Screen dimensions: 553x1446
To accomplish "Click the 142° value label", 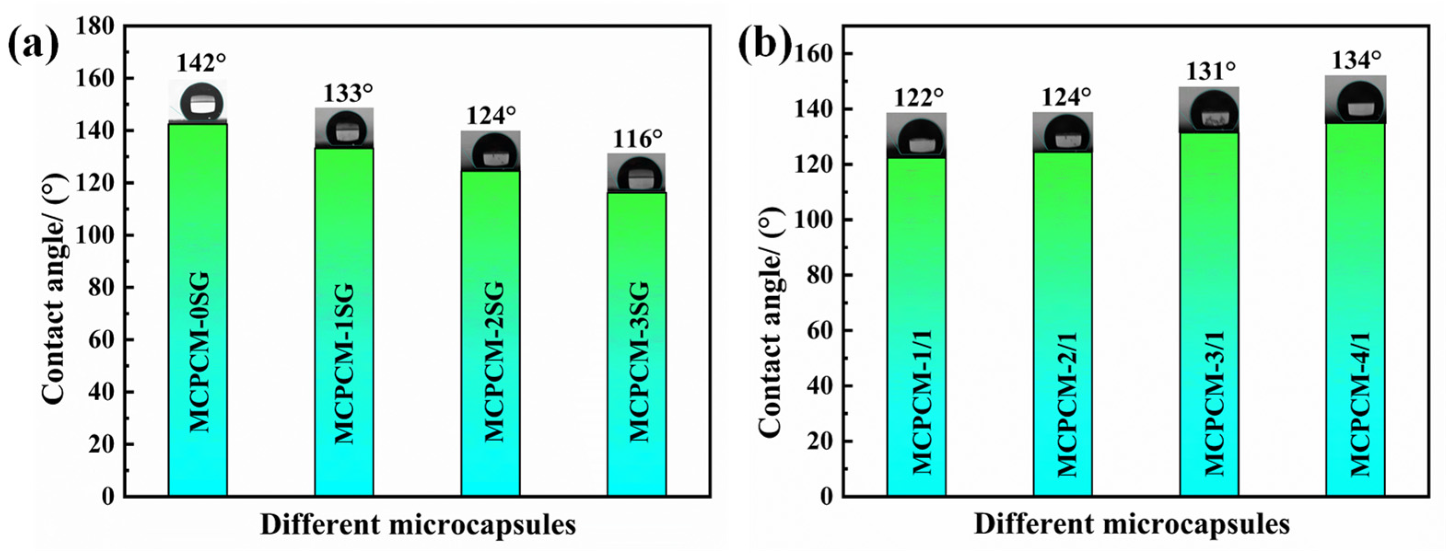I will pos(201,64).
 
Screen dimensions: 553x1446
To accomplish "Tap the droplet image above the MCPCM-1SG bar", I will pos(344,128).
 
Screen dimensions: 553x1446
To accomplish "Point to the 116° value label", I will pos(637,138).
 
